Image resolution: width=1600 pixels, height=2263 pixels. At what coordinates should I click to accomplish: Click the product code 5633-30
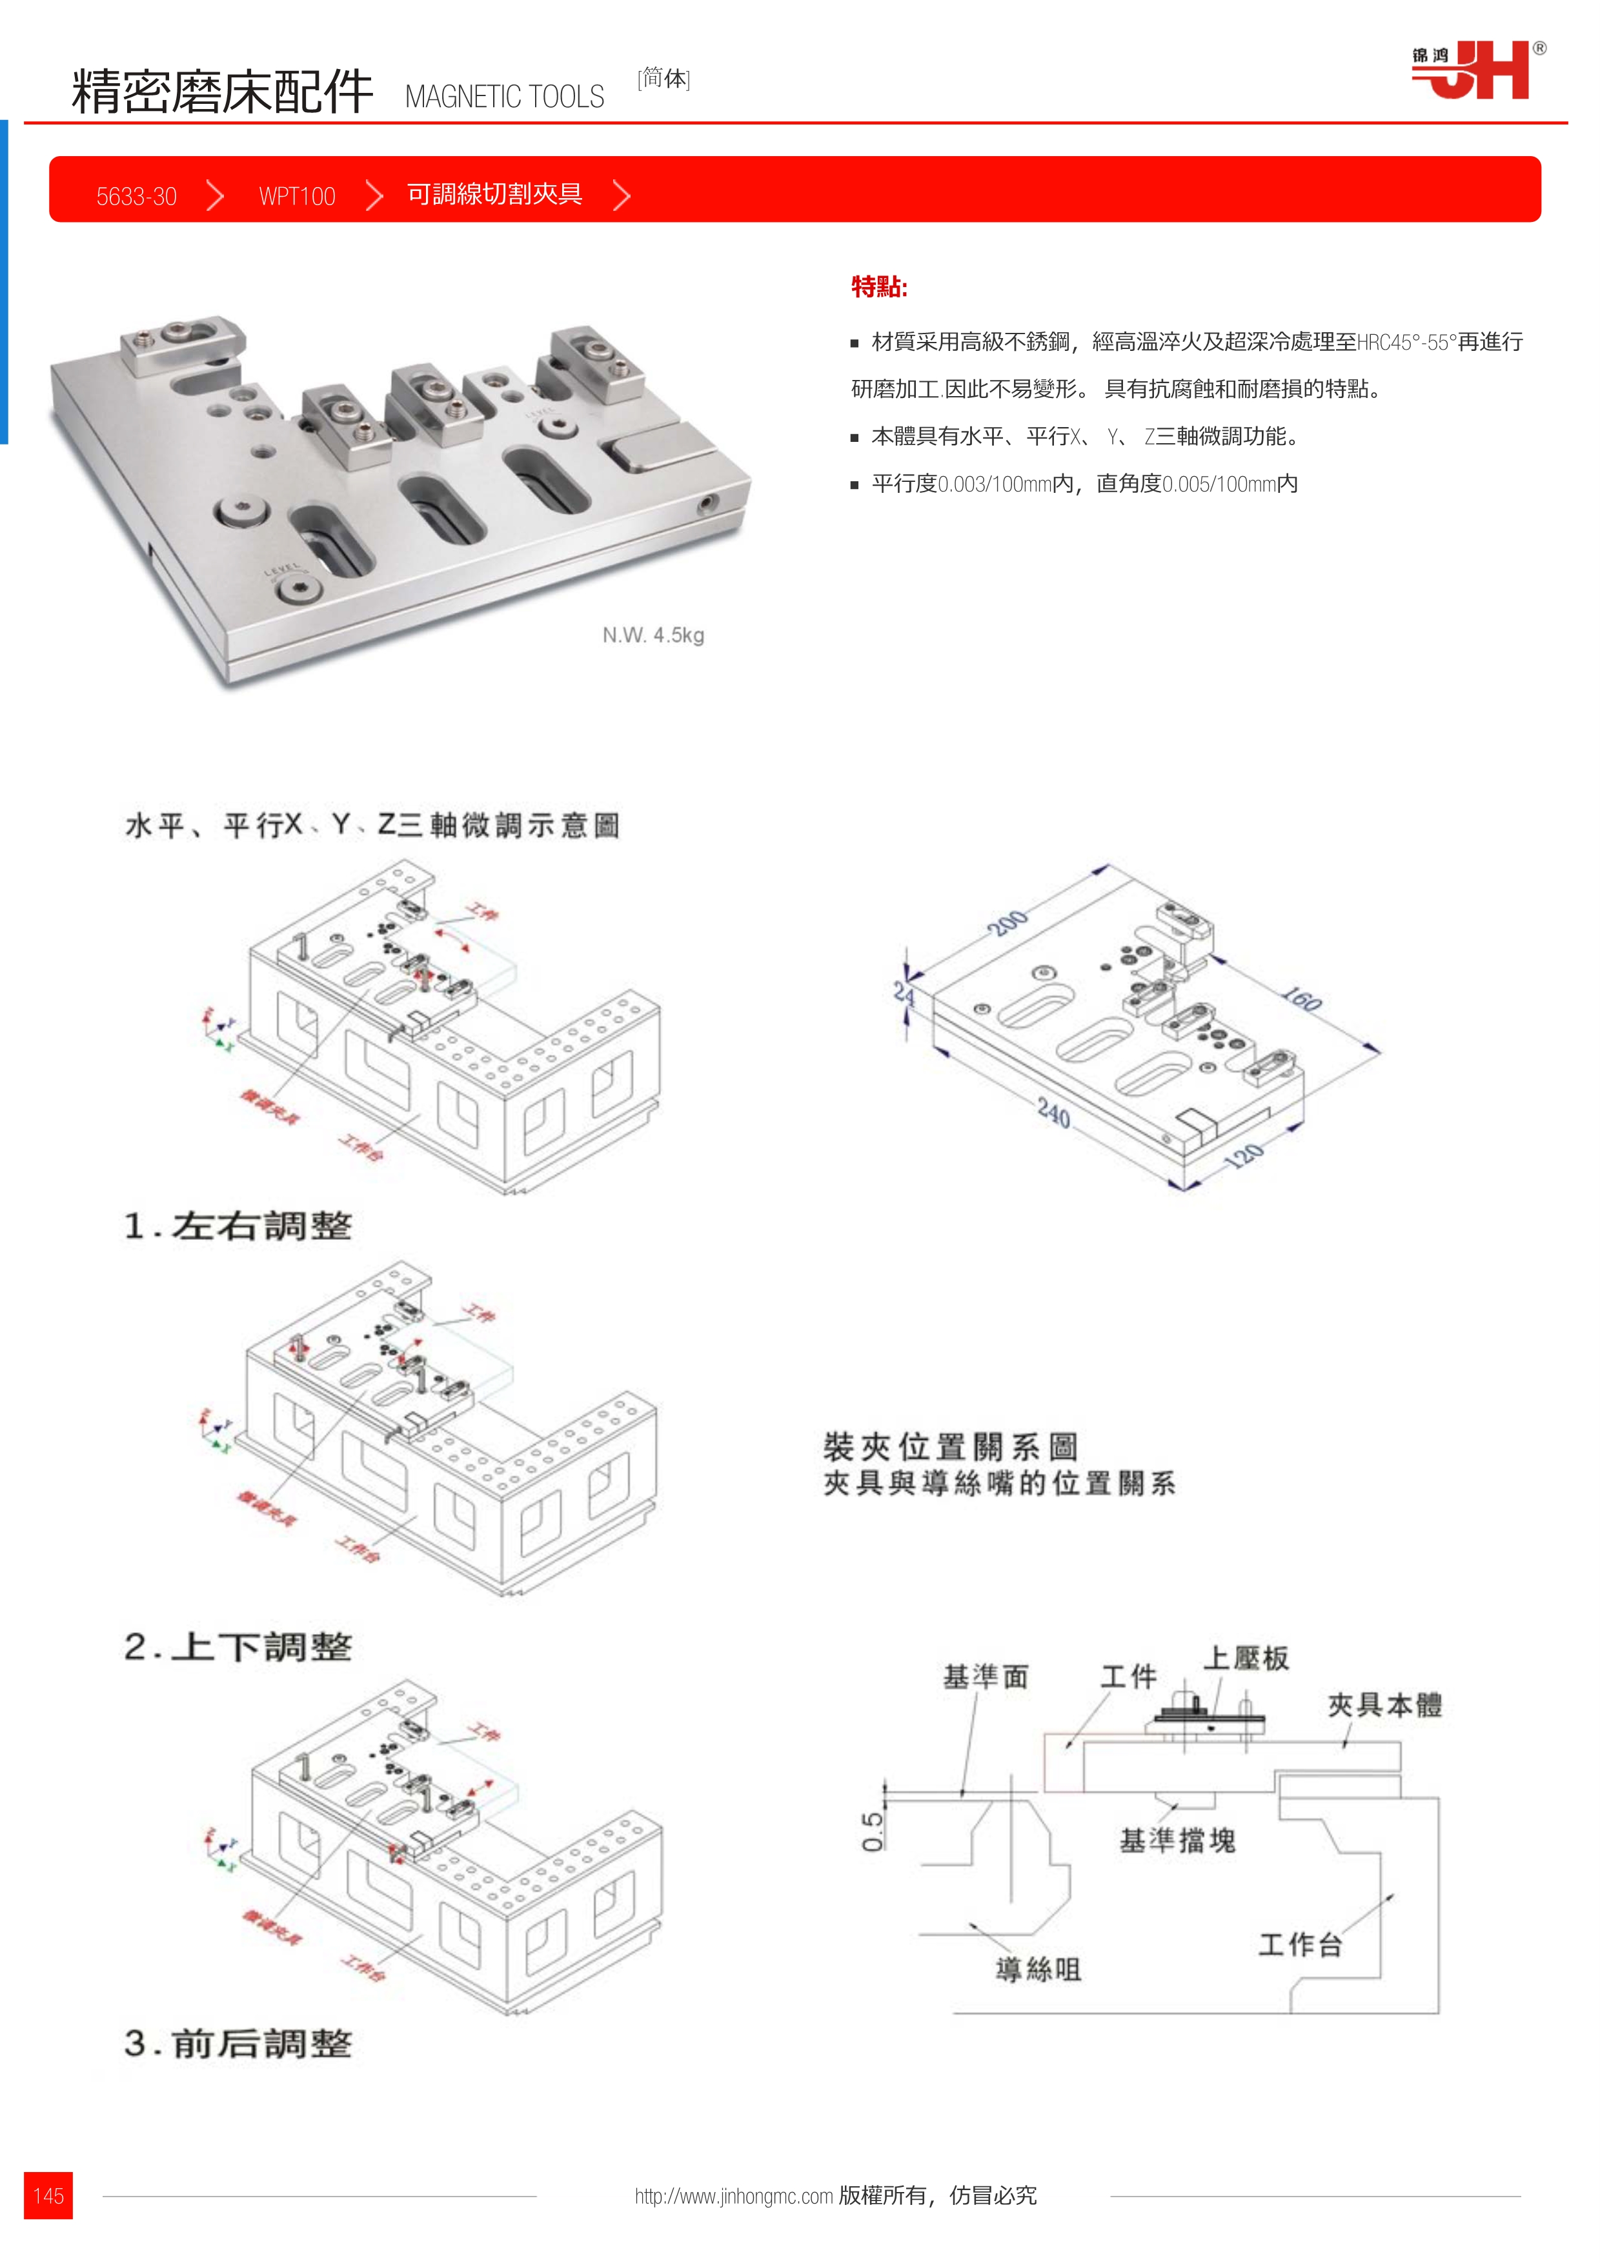(136, 196)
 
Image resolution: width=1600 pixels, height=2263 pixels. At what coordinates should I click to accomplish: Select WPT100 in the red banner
(297, 196)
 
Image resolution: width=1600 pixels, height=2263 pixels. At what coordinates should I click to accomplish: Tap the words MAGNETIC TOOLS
(504, 97)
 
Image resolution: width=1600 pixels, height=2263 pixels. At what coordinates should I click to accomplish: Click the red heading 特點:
(878, 287)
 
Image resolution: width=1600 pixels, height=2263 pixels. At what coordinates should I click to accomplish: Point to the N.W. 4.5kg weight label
(653, 635)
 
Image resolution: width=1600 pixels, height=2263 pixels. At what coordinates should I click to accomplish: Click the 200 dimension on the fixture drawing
(1008, 924)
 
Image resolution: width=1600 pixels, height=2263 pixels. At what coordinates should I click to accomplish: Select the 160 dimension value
(1301, 1001)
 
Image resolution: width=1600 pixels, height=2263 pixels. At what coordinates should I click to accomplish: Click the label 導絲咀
(1038, 1969)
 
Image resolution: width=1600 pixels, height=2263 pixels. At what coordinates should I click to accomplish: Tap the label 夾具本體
(1384, 1705)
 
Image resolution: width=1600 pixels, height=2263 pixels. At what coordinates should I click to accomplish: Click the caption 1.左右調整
(238, 1226)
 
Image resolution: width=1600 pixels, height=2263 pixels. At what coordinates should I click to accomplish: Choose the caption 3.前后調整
(238, 2044)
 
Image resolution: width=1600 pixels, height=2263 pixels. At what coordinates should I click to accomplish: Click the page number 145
(48, 2195)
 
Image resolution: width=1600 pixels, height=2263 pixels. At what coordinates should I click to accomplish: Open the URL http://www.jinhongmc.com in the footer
(733, 2196)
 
